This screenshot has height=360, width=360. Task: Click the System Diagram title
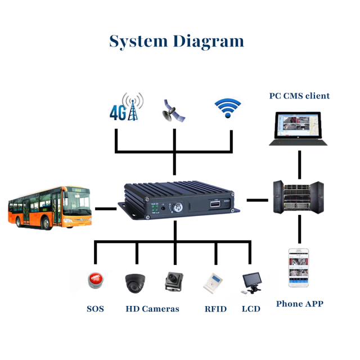coord(177,42)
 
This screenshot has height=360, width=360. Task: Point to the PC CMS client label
coord(299,96)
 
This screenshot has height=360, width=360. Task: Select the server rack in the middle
coord(298,196)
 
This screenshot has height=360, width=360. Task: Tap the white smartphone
coord(298,267)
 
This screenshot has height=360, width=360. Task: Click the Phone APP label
coord(299,304)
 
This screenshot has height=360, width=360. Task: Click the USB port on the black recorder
coord(214,204)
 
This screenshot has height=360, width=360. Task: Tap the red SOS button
coord(94,280)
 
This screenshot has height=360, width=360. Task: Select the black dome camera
coord(135,282)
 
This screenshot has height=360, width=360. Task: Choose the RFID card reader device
coord(214,282)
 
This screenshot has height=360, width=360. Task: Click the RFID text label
coord(215,309)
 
